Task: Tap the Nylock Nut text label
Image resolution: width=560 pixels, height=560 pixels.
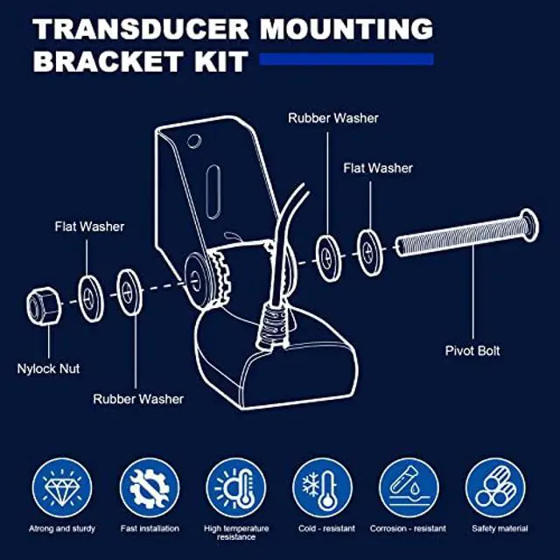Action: point(48,368)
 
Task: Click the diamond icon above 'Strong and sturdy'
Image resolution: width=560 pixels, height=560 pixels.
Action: point(61,487)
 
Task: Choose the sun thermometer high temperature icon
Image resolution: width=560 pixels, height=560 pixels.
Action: point(236,487)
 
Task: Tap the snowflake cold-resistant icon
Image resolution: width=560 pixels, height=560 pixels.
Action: point(323,487)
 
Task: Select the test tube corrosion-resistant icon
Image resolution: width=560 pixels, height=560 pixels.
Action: point(409,487)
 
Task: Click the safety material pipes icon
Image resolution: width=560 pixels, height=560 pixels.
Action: point(495,487)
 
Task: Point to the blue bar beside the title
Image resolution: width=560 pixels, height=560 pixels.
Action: point(346,59)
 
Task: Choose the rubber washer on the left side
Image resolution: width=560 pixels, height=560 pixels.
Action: point(131,290)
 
